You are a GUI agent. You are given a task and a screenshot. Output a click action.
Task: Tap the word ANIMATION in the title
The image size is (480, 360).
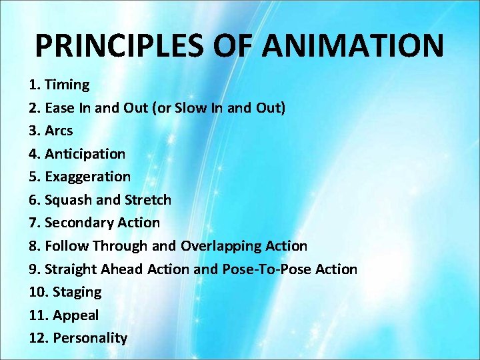point(353,46)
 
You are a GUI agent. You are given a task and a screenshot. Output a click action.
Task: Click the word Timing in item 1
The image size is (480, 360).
point(67,85)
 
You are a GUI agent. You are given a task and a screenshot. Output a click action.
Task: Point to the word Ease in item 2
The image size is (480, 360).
point(59,108)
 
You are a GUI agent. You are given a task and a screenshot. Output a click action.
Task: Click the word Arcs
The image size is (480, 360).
point(59,131)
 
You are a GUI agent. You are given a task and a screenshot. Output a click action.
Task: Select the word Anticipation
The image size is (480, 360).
point(85,154)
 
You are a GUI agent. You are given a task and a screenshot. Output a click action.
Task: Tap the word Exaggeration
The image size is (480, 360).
point(87,177)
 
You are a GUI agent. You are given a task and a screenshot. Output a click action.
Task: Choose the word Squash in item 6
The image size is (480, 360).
point(67,200)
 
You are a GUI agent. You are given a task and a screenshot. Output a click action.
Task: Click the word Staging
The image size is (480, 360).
point(77,292)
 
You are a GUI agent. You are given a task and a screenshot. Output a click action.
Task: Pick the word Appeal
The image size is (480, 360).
point(76,315)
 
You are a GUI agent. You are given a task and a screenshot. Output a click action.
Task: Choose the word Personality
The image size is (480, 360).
point(90,338)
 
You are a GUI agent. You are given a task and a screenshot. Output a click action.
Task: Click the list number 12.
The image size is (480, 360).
point(37,338)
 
